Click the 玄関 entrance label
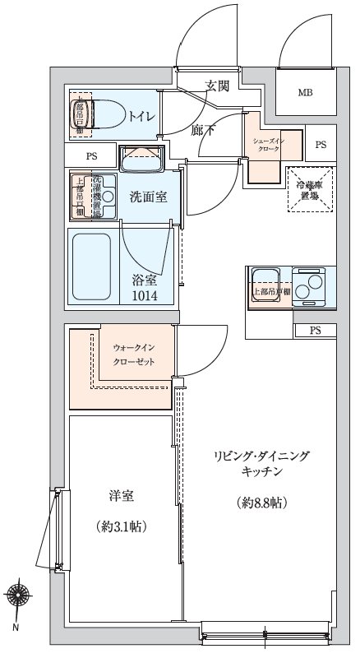[x=218, y=86]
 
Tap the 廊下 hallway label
[x=203, y=129]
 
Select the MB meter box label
[x=305, y=92]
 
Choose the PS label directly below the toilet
[x=92, y=155]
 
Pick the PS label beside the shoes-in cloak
[x=321, y=145]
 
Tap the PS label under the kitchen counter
[x=315, y=331]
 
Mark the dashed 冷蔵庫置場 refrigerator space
[x=311, y=191]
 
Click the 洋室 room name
[x=121, y=496]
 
